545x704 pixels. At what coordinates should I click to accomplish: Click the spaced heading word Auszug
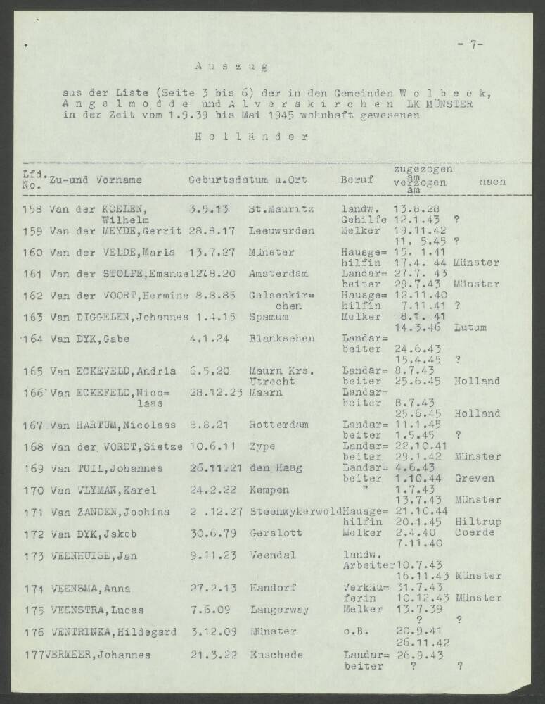231,67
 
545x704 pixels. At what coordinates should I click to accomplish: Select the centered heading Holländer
251,137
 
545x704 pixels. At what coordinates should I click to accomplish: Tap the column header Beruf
357,180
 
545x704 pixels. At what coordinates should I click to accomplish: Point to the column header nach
492,182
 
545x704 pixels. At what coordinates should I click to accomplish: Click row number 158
33,208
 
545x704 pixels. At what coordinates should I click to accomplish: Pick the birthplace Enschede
276,654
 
